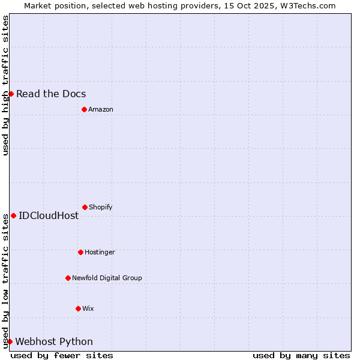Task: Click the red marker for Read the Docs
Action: tap(11, 94)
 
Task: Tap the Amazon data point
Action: tap(84, 109)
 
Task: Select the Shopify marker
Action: tap(85, 207)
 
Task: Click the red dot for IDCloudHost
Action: tap(13, 215)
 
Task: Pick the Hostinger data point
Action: tap(80, 252)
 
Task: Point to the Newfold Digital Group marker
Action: tap(68, 278)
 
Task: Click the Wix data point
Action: tap(78, 308)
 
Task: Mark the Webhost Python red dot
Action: tap(10, 341)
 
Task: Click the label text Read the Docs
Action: tap(51, 94)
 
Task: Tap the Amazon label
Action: tap(101, 109)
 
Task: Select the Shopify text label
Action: tap(101, 207)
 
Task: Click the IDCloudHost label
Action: tap(49, 215)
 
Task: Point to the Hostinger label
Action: tap(100, 252)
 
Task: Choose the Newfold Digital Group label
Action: tap(107, 278)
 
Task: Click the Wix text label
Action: tap(88, 308)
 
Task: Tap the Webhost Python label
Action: tap(54, 341)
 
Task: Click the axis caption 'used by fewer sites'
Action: tap(62, 355)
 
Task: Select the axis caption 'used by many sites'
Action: tap(301, 355)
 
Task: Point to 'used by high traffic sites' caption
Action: tap(5, 85)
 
